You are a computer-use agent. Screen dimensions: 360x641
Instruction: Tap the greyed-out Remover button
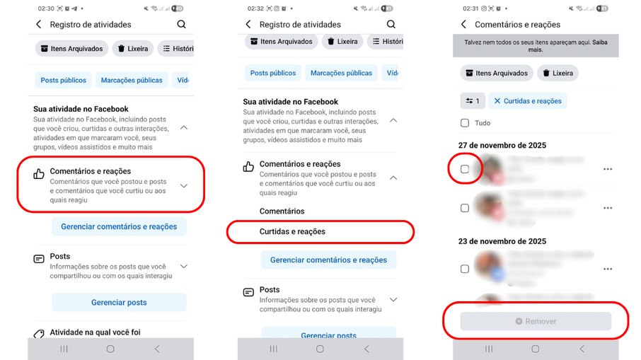click(536, 321)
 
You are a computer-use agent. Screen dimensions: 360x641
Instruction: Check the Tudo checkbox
click(465, 123)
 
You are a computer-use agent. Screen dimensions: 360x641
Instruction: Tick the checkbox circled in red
click(465, 169)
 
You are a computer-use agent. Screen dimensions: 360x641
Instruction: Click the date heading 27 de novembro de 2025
click(502, 146)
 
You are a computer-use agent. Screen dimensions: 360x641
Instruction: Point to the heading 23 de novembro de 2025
click(502, 241)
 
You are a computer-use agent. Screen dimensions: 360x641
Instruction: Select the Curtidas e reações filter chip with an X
click(528, 101)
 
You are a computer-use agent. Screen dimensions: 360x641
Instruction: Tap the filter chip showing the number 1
click(471, 101)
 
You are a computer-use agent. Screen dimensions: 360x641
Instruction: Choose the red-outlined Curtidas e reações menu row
click(292, 231)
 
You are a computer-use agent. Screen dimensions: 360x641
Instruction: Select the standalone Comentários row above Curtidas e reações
click(282, 211)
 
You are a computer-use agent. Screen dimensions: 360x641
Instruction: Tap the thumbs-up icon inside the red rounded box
click(40, 173)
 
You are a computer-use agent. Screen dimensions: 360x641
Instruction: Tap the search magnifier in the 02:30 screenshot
click(182, 24)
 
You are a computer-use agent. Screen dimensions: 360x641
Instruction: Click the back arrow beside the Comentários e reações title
click(463, 25)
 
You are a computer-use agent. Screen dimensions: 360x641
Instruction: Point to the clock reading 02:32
click(255, 8)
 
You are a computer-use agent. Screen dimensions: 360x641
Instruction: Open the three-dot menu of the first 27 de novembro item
click(607, 169)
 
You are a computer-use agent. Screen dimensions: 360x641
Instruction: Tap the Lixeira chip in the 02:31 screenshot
click(558, 73)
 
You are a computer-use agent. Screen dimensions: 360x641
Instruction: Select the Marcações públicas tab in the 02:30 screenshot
click(132, 80)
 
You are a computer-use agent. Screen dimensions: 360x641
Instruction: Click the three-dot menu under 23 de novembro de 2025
click(607, 269)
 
